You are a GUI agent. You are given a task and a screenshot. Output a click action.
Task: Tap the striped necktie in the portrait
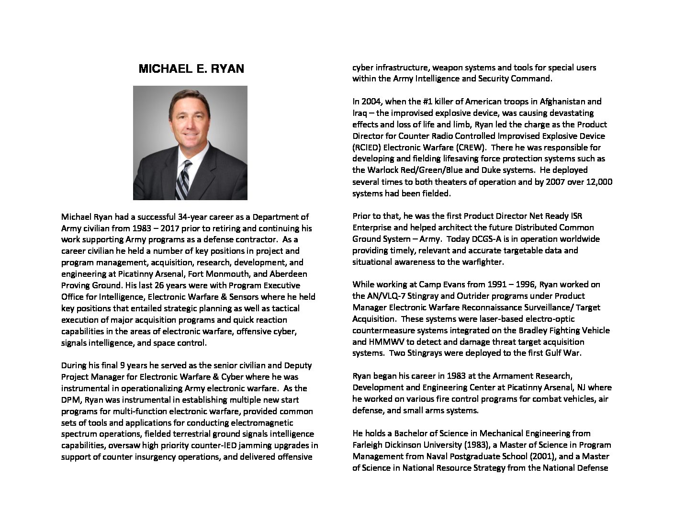(x=183, y=180)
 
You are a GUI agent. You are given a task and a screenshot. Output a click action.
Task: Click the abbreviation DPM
(x=71, y=400)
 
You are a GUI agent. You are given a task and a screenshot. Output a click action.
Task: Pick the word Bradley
(x=534, y=330)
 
